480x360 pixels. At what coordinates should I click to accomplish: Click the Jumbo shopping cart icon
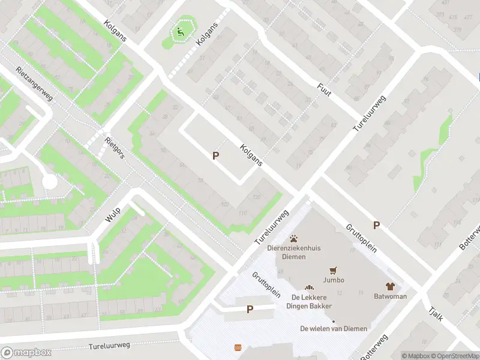[x=331, y=271]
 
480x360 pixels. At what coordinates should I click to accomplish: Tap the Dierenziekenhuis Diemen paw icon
[x=294, y=239]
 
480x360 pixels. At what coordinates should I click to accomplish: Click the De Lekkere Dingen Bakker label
[x=311, y=302]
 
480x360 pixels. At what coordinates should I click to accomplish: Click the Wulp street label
[x=113, y=214]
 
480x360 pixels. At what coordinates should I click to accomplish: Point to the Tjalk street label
[x=436, y=312]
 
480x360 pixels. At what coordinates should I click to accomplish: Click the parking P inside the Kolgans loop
[x=215, y=155]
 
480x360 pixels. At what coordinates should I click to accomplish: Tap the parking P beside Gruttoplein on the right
[x=377, y=225]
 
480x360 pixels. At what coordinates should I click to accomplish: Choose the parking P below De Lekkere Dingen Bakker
[x=250, y=310]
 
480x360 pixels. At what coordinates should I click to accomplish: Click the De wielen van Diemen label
[x=334, y=328]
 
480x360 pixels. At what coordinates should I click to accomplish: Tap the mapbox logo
[x=26, y=353]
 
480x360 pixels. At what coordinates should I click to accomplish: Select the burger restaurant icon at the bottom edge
[x=238, y=348]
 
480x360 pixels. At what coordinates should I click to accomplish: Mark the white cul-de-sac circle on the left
[x=49, y=181]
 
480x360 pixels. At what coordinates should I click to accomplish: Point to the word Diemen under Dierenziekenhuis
[x=294, y=257]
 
